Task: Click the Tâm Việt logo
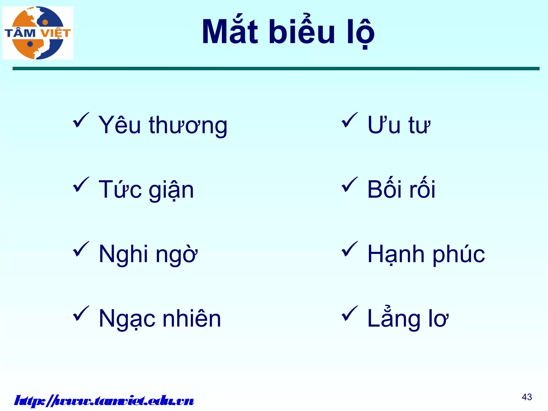tap(38, 33)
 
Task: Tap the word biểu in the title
tap(302, 32)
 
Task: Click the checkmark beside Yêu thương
tap(81, 120)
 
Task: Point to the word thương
tap(188, 125)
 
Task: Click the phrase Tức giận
tap(146, 190)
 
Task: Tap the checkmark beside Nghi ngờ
tap(81, 249)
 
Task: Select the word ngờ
tap(177, 254)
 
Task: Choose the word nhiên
tap(192, 318)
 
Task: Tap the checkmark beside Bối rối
tap(349, 185)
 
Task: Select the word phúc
tap(459, 255)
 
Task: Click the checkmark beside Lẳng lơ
tap(349, 314)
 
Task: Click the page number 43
tap(527, 397)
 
